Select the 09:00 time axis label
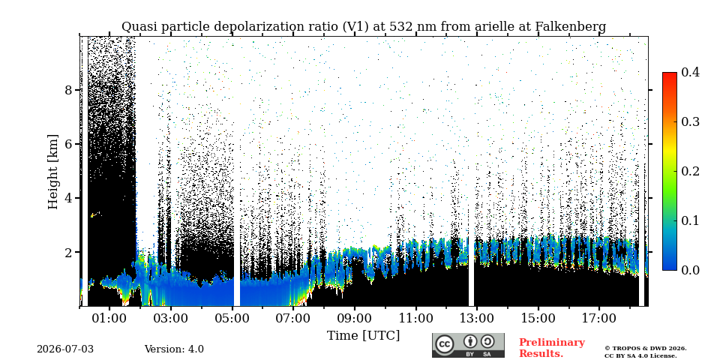coord(355,318)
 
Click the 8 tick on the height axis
coord(68,90)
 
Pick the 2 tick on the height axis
coord(68,253)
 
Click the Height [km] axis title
coord(53,172)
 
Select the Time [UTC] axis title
coord(363,336)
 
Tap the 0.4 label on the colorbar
coord(690,72)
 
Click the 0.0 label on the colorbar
coord(690,270)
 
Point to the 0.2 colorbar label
coord(690,171)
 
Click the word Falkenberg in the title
coord(570,27)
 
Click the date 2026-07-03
coord(65,349)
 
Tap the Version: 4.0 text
coord(174,349)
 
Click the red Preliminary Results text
coord(552,347)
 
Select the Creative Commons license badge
coord(468,345)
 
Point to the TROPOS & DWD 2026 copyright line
coord(645,349)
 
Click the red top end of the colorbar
coord(670,73)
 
